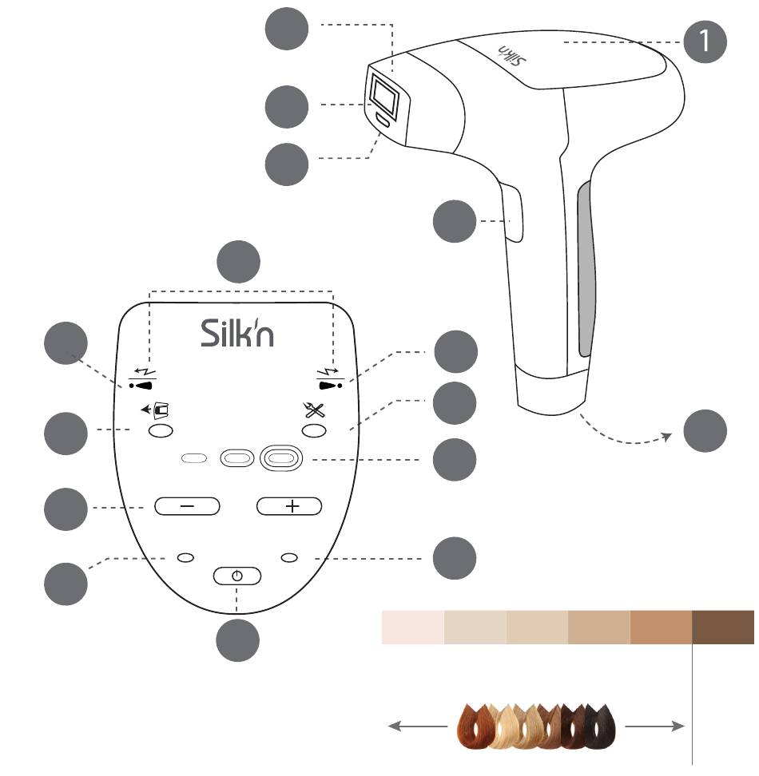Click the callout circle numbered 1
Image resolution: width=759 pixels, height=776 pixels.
[x=705, y=42]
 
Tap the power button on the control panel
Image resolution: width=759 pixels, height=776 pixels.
[x=237, y=576]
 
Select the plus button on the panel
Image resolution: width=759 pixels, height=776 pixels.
[x=289, y=506]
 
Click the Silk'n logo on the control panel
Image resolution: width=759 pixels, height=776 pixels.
[x=237, y=333]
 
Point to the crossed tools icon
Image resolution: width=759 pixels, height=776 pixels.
[x=314, y=410]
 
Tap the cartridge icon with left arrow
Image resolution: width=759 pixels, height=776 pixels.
[x=155, y=410]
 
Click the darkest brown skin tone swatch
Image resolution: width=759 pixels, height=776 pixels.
[x=723, y=627]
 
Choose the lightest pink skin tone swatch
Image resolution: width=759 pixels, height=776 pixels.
[x=413, y=627]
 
